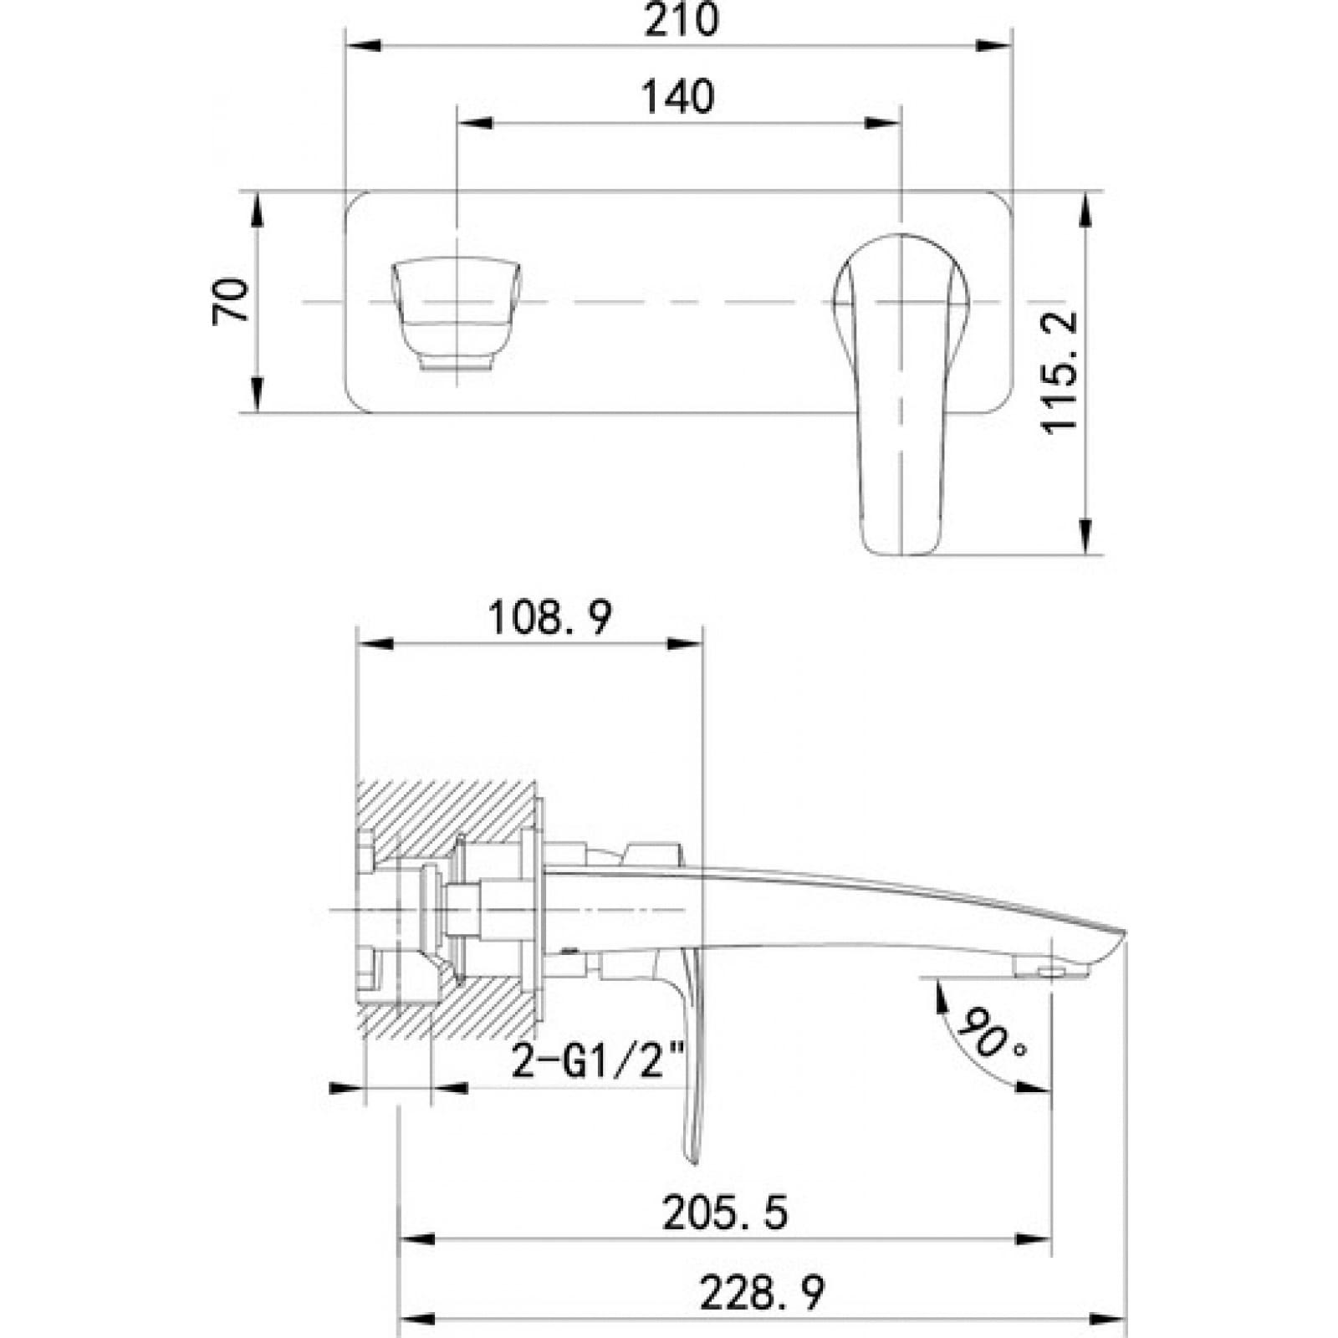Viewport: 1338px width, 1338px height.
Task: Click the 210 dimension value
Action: coord(680,20)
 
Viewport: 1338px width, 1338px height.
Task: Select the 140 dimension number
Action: coord(677,97)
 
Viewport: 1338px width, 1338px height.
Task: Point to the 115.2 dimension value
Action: coord(1060,372)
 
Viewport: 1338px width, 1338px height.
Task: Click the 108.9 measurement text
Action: coord(549,619)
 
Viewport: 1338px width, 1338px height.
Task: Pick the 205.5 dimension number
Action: coord(724,1213)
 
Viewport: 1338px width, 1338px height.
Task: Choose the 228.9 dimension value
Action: coord(761,1293)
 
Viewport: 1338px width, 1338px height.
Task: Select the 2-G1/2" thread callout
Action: coord(597,1063)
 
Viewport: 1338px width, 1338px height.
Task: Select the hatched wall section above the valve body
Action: coord(452,807)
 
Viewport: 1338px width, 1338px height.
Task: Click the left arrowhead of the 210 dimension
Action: coord(361,45)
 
